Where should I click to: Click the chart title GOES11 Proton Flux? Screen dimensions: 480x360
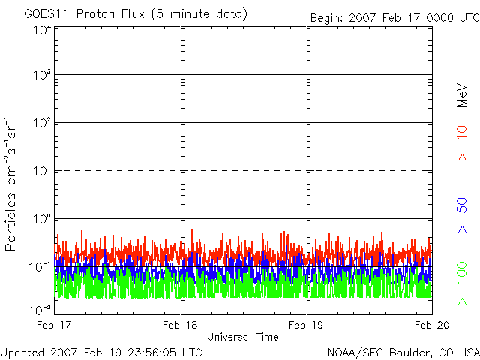(84, 14)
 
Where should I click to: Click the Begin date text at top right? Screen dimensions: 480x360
(395, 18)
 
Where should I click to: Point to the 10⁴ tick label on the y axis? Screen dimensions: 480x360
(42, 31)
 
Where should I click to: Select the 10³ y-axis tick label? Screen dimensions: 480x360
(42, 75)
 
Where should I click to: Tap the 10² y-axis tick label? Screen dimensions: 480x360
(42, 123)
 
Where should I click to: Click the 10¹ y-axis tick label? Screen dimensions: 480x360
(42, 171)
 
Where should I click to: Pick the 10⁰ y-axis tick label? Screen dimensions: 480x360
(42, 219)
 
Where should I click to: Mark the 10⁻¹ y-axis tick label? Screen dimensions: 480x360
(40, 267)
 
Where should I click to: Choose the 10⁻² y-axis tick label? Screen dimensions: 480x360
(40, 310)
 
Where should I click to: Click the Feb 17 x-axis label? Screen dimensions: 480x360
(54, 325)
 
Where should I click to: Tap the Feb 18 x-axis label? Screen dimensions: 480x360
(180, 325)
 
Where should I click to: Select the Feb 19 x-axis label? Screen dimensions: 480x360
(306, 325)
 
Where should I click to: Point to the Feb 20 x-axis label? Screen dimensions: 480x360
(432, 325)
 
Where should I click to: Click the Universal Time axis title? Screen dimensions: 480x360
(243, 337)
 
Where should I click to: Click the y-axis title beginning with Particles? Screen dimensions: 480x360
(10, 184)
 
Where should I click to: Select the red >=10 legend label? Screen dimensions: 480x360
(462, 143)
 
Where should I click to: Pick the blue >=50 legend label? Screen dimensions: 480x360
(462, 215)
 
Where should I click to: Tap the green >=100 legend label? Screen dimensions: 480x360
(462, 283)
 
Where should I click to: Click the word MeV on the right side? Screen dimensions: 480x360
(462, 95)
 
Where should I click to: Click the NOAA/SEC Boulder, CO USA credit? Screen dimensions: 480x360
(403, 352)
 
